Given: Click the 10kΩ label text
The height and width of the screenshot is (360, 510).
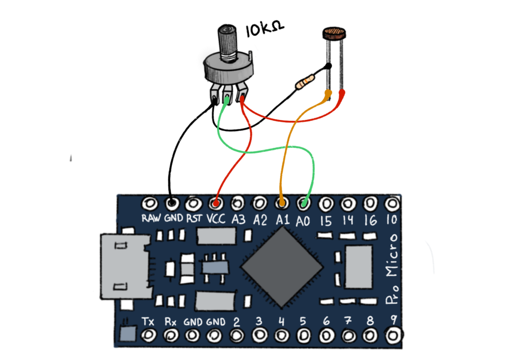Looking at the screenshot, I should point(264,31).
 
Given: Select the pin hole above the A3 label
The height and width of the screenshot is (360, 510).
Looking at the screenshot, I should point(238,203).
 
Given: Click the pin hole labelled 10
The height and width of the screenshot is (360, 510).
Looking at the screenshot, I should point(392,203).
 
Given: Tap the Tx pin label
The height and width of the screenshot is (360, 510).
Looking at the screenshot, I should point(148,321).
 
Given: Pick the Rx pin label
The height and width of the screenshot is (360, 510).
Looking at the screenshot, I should point(170,321).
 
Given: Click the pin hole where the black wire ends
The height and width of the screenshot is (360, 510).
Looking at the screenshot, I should point(172,203).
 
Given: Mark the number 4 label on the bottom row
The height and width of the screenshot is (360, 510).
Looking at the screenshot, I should point(281,321).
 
